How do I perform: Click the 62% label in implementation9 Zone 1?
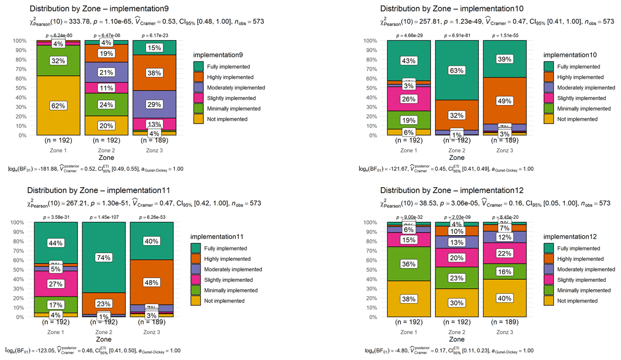58,105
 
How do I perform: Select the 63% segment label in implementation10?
457,70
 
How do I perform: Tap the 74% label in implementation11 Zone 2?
103,257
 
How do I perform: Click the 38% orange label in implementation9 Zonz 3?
154,73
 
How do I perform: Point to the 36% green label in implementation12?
409,264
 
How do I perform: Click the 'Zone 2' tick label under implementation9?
106,151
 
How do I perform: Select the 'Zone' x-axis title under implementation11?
103,340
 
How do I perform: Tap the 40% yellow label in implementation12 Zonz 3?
505,299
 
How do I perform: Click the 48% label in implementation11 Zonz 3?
152,283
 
